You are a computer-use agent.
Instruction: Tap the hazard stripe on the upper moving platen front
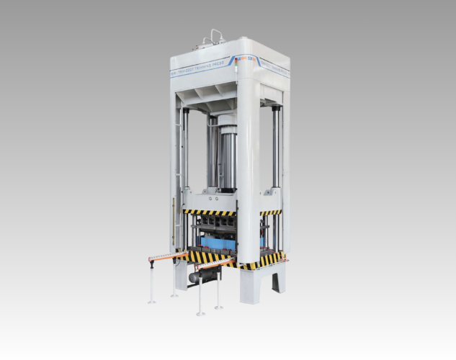210,212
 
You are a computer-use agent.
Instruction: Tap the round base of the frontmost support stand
200,313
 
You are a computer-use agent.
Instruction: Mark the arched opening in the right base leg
277,284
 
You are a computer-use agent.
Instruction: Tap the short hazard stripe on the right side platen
271,212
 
